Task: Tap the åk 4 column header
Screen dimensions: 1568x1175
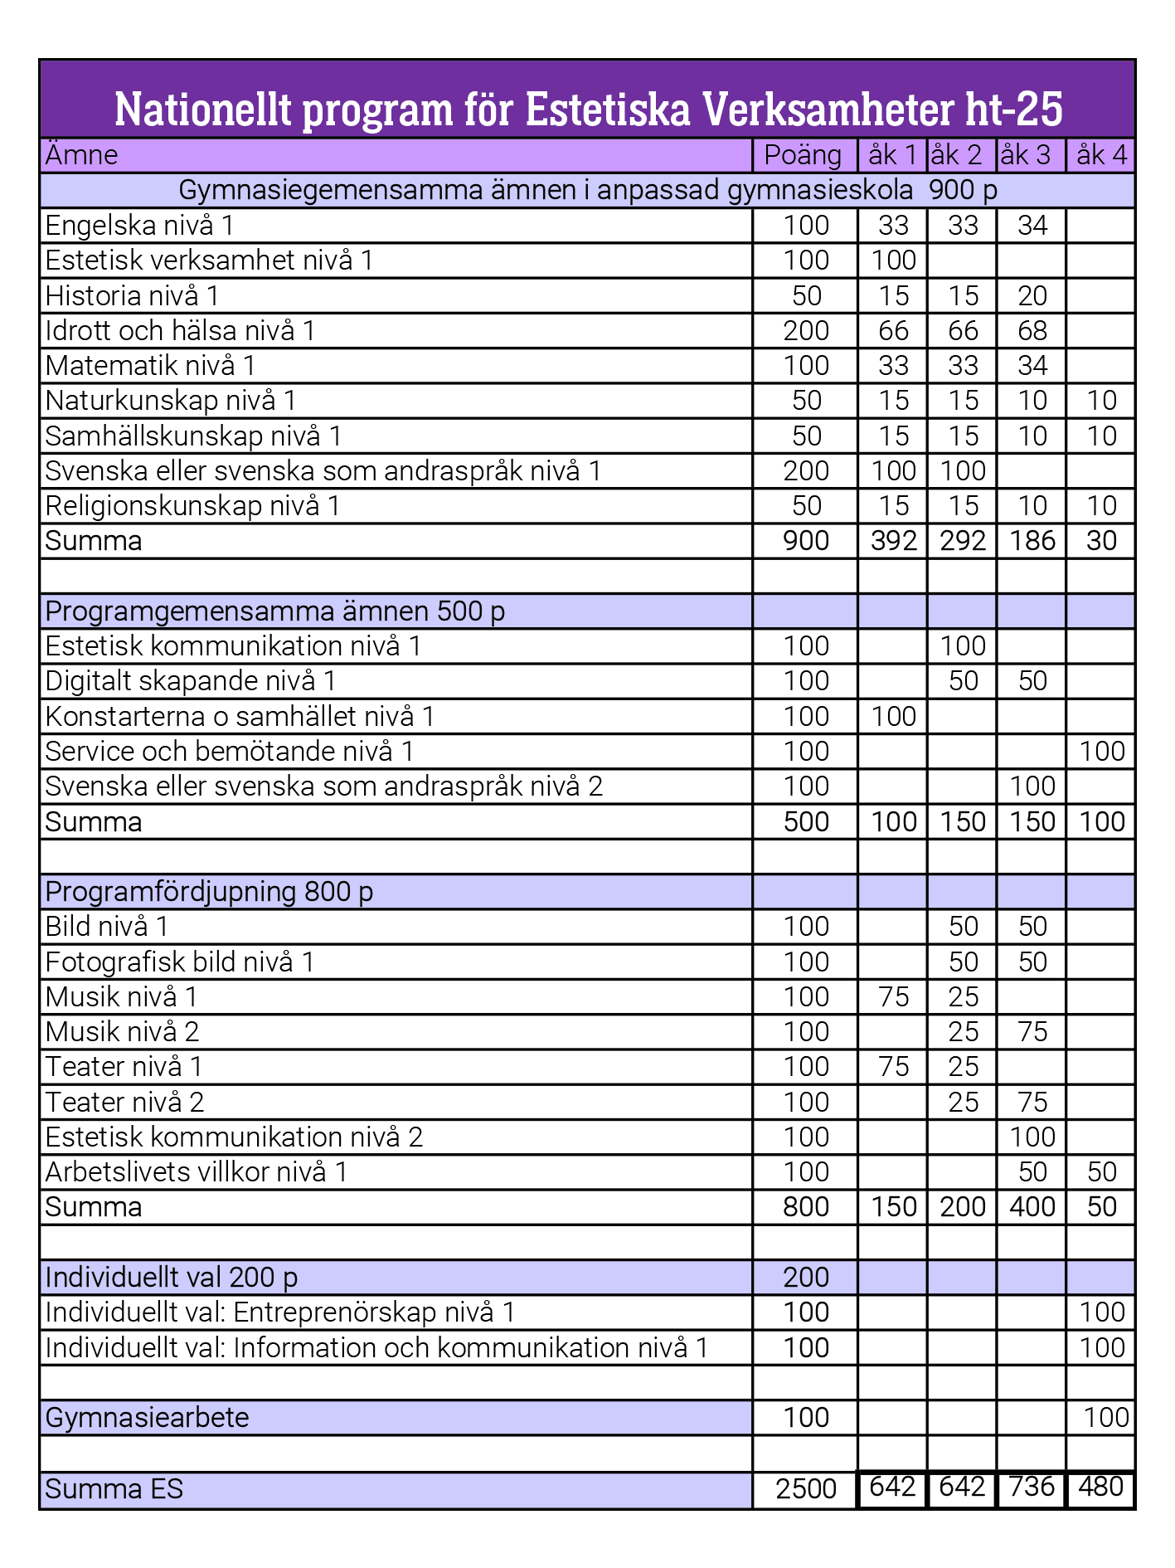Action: coord(1100,155)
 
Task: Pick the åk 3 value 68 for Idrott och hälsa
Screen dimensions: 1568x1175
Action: coord(1032,331)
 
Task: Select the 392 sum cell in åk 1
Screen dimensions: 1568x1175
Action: coord(893,541)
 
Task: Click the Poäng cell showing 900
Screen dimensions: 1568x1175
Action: coord(805,541)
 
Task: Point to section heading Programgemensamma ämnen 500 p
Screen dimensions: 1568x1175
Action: coord(274,611)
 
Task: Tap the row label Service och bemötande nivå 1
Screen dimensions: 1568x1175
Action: coord(229,752)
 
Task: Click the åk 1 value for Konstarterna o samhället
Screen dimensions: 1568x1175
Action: coord(893,717)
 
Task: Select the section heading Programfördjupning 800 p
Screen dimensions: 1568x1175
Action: coord(209,892)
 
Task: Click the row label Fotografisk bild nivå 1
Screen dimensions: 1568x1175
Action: coord(180,962)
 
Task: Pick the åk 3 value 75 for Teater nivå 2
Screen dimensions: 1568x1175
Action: coord(1032,1103)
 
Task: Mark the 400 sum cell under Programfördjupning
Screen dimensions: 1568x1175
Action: coord(1032,1207)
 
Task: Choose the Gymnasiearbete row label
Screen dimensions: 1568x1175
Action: coord(147,1418)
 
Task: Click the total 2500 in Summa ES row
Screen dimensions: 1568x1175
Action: coord(805,1489)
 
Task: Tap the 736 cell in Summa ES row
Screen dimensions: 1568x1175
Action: coord(1032,1487)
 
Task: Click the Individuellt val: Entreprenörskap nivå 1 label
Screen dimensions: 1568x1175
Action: coord(279,1312)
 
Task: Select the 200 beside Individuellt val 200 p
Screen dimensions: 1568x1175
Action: coord(805,1278)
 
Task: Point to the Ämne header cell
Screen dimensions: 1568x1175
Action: coord(81,155)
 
